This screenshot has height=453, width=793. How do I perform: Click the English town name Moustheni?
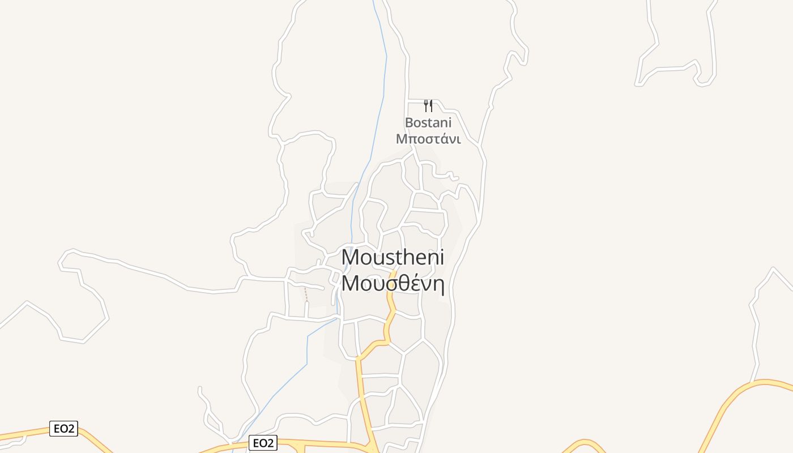click(x=393, y=257)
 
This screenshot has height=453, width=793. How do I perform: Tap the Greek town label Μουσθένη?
click(x=393, y=283)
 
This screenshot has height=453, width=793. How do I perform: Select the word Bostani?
click(x=428, y=122)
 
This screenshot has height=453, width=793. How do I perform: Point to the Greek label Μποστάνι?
click(x=428, y=139)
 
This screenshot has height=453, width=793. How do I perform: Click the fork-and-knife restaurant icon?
click(x=428, y=106)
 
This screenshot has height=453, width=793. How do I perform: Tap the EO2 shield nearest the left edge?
click(x=63, y=429)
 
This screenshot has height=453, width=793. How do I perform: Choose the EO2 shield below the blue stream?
click(x=263, y=443)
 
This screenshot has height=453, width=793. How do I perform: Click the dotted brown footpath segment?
click(x=306, y=294)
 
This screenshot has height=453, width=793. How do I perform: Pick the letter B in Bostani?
click(x=409, y=122)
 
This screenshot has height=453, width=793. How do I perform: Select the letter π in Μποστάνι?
click(x=412, y=139)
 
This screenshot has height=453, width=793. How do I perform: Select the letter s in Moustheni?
click(x=388, y=258)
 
